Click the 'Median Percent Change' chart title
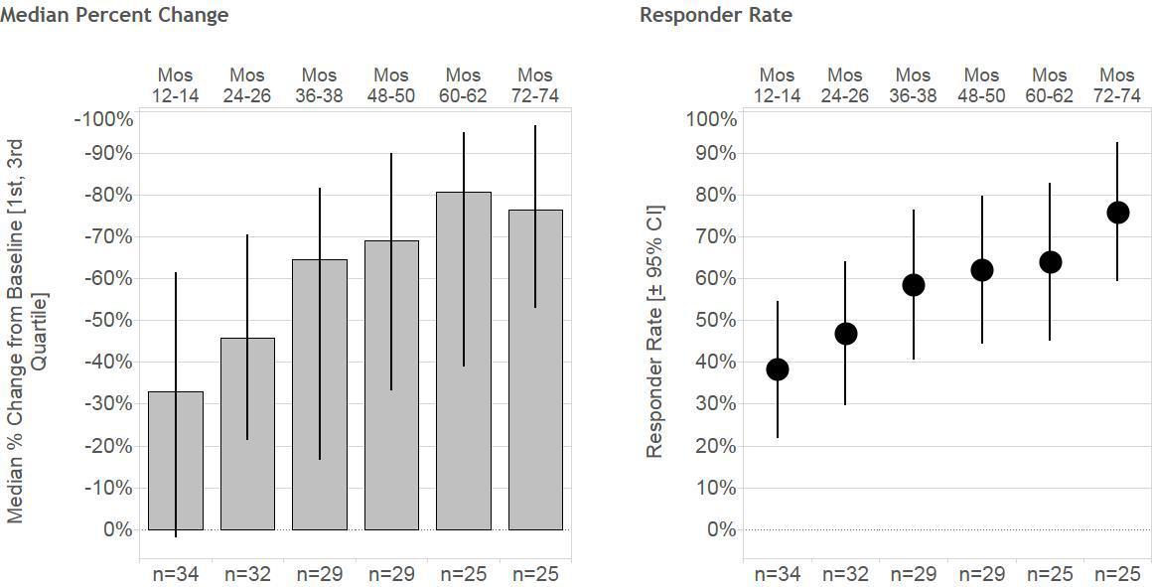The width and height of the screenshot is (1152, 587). [x=114, y=15]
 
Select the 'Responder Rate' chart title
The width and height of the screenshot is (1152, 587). [x=716, y=15]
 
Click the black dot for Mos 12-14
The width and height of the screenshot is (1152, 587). [x=778, y=369]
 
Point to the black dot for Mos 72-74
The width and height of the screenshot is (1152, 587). [x=1117, y=213]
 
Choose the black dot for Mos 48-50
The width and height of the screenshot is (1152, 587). [x=982, y=270]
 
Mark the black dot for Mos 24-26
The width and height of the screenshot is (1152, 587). [x=846, y=334]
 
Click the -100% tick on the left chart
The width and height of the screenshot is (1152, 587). [x=103, y=120]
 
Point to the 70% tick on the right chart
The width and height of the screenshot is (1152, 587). [x=712, y=237]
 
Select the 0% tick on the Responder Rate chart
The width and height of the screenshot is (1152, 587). [x=720, y=530]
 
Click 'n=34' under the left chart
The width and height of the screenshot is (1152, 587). [x=175, y=574]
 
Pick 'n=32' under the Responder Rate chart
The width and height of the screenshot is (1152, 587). [x=845, y=574]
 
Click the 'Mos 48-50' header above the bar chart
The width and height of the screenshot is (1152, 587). [x=391, y=85]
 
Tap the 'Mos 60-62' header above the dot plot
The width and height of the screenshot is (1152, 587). [x=1050, y=85]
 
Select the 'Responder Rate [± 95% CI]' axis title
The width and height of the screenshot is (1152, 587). [x=654, y=332]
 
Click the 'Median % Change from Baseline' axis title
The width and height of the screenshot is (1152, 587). [x=27, y=332]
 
